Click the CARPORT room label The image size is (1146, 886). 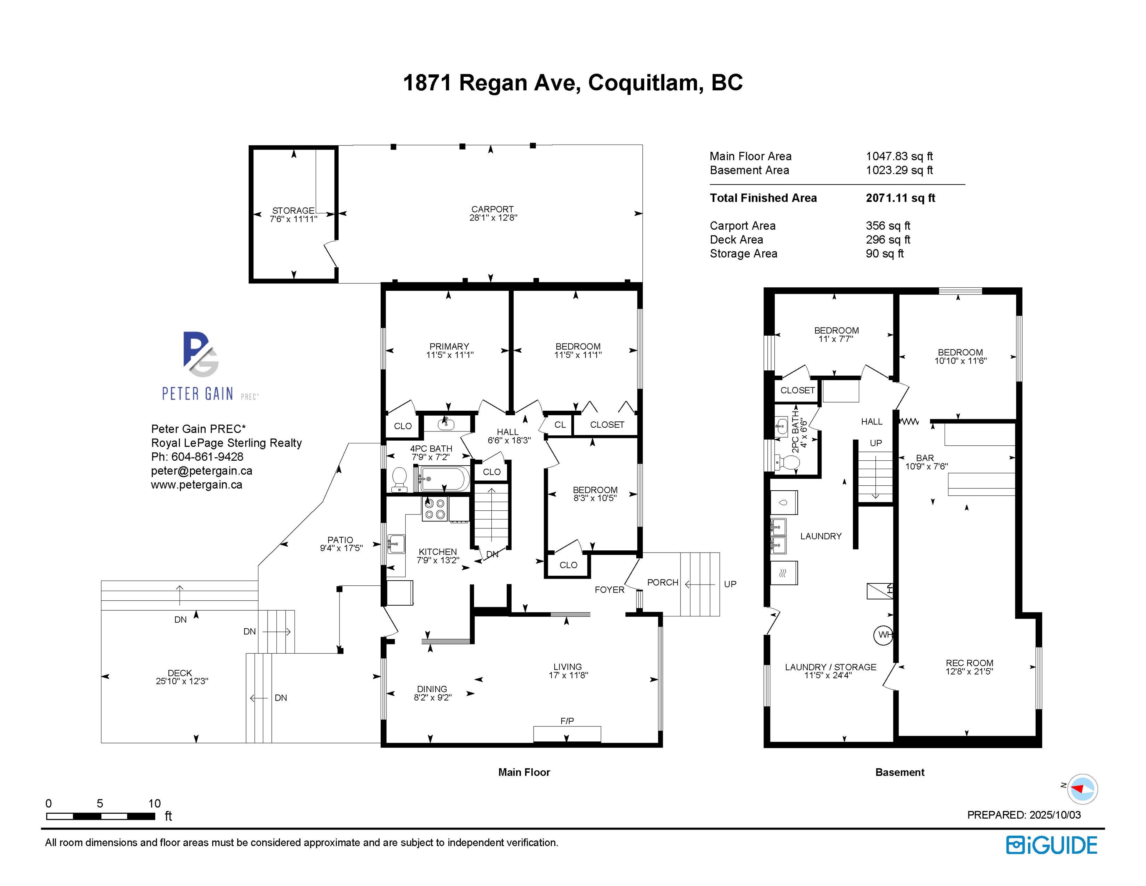(x=492, y=209)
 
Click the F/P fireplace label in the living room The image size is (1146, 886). (x=567, y=721)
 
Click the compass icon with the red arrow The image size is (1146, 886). (x=1082, y=788)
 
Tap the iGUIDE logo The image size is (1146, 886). (x=1051, y=846)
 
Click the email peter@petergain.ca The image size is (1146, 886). (x=201, y=471)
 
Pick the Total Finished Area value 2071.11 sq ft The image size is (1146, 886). (x=900, y=198)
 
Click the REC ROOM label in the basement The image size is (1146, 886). (x=969, y=663)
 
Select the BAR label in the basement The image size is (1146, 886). (x=925, y=458)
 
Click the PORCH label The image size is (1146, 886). (x=663, y=582)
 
